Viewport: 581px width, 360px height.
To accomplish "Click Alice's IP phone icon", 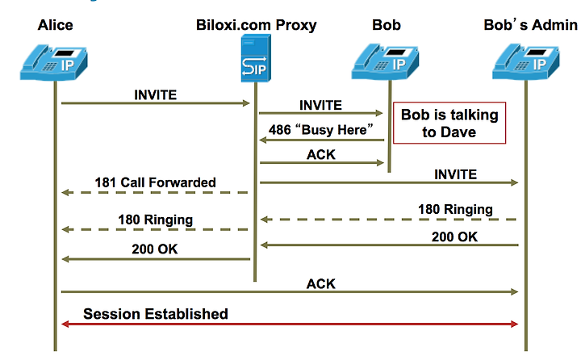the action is click(x=54, y=62).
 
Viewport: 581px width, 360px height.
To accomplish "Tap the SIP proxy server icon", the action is click(x=256, y=58).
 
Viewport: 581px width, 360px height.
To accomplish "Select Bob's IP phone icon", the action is click(x=386, y=61).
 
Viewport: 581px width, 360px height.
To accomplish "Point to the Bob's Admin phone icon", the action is click(x=526, y=61).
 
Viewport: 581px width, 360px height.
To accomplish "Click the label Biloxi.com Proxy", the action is click(x=256, y=25).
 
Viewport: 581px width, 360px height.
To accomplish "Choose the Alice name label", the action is click(x=55, y=25).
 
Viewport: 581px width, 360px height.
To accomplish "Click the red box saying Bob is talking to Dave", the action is click(x=449, y=123).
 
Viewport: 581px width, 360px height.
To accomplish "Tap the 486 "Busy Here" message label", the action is click(x=321, y=130).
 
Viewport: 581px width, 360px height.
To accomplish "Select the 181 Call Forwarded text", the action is click(x=155, y=182).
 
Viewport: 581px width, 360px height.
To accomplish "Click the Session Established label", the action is click(x=156, y=314).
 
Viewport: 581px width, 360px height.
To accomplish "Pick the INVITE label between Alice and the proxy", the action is click(x=155, y=95).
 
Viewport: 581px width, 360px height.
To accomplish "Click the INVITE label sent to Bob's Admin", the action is click(x=455, y=174).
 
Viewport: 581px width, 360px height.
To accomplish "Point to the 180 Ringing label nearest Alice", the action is click(x=156, y=220).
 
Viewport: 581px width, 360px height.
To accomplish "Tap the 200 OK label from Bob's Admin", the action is click(x=454, y=237).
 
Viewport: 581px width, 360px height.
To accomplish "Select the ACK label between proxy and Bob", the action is click(x=321, y=154).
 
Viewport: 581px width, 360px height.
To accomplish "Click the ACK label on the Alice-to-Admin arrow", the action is click(x=321, y=283).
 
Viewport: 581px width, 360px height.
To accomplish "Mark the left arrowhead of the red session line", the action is click(x=65, y=324).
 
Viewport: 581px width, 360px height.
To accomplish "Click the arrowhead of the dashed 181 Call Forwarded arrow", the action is click(x=65, y=192).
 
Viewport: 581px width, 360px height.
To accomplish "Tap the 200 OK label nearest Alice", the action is click(x=155, y=249).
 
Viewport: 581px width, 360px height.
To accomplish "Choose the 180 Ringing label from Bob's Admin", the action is click(x=455, y=209).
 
